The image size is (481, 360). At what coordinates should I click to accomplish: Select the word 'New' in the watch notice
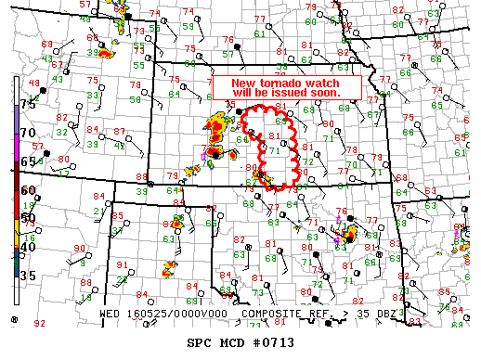coord(240,82)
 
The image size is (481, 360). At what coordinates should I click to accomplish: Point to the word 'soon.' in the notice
coord(325,93)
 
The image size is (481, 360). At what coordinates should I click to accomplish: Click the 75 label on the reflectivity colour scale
coord(29,104)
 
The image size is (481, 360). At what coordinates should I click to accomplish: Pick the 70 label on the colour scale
coord(29,133)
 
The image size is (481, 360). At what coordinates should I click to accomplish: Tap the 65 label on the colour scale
coord(29,161)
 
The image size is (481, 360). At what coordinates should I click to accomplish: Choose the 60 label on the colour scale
coord(29,190)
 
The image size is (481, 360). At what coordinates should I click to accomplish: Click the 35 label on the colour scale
coord(29,276)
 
